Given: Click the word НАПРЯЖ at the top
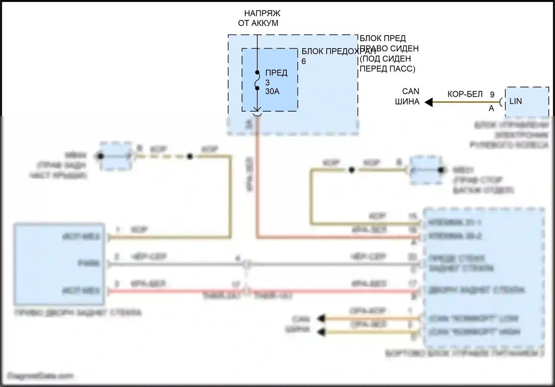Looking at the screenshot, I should [262, 13].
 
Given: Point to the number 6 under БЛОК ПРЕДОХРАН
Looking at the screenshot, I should [304, 62].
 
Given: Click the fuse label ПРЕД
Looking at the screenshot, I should [276, 73].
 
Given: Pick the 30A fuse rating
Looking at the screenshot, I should [272, 91].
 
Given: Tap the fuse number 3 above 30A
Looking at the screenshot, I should [268, 82].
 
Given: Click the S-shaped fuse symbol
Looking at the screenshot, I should [257, 80].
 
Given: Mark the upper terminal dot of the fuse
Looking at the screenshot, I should [257, 73].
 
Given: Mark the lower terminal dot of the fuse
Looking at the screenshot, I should [257, 88].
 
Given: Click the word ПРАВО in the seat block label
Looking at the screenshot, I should [374, 49].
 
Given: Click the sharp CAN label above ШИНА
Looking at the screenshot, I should [411, 92].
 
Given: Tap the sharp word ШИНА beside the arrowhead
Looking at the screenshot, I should [407, 102].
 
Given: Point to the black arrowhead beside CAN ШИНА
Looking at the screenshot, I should [428, 102].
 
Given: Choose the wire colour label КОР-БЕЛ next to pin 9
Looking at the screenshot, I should [465, 95].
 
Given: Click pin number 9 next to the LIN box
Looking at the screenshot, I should [492, 95].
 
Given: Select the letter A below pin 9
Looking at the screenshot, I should [491, 108].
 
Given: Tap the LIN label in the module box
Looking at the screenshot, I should [515, 101].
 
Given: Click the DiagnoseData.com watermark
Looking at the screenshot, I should [40, 376].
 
